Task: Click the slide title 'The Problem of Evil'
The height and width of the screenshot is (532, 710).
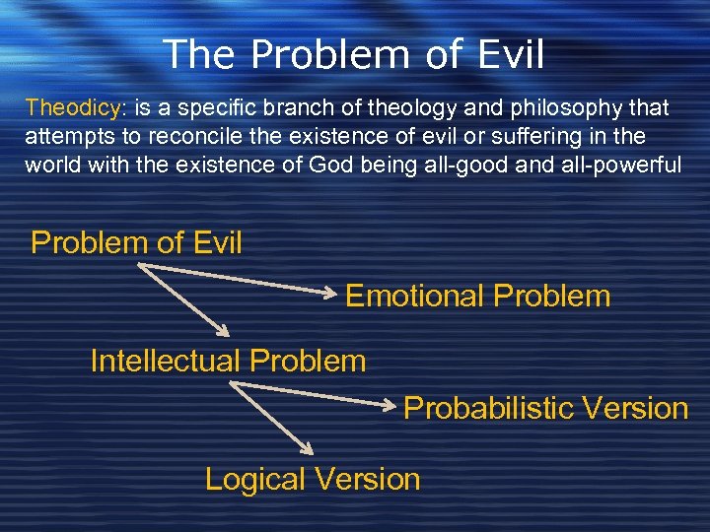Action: [353, 54]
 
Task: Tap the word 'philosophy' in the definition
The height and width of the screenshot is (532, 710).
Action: [546, 107]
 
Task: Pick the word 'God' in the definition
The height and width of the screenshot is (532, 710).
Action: [337, 164]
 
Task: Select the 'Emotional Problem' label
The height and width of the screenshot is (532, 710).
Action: [477, 297]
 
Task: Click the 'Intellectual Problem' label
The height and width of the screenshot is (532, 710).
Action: [228, 362]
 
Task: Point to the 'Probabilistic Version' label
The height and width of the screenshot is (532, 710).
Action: [545, 408]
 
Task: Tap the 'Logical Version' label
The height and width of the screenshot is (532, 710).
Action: [312, 480]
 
